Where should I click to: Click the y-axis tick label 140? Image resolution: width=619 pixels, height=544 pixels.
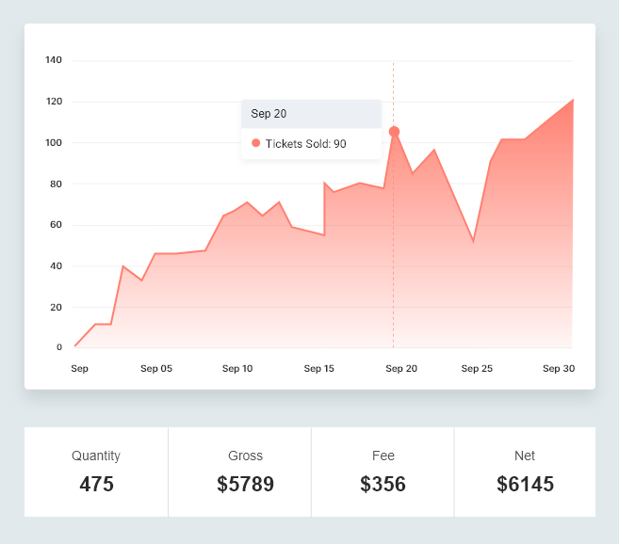coord(54,60)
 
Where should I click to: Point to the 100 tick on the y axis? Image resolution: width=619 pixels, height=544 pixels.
coord(54,143)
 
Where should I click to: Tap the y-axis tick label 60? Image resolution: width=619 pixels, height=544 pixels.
coord(56,225)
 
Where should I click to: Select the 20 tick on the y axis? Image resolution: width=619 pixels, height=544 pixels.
coord(56,307)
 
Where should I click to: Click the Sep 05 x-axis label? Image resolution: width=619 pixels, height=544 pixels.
coord(156,369)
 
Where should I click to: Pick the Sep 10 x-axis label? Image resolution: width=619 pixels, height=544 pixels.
coord(237,369)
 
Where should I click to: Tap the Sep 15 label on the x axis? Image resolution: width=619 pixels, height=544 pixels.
coord(319,369)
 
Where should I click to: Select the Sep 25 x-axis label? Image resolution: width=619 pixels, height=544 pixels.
coord(477,369)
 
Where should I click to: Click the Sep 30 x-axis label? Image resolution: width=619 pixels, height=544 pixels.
coord(559,369)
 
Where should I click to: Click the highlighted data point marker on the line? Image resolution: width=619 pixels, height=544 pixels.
coord(394,132)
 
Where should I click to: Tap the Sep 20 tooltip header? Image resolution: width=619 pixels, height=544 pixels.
coord(269,114)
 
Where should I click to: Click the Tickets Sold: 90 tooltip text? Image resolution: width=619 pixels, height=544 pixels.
coord(305,144)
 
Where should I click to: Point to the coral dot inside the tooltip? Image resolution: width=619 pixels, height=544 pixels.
coord(255,143)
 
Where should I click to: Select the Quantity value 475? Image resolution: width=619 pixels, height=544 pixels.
coord(96,485)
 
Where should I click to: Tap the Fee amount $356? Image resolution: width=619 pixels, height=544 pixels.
coord(383,485)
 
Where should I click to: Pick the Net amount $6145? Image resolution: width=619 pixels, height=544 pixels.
coord(525,485)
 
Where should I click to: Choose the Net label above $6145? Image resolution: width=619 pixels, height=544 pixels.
coord(525,456)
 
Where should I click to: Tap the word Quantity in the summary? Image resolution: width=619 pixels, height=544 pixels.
coord(96,456)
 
